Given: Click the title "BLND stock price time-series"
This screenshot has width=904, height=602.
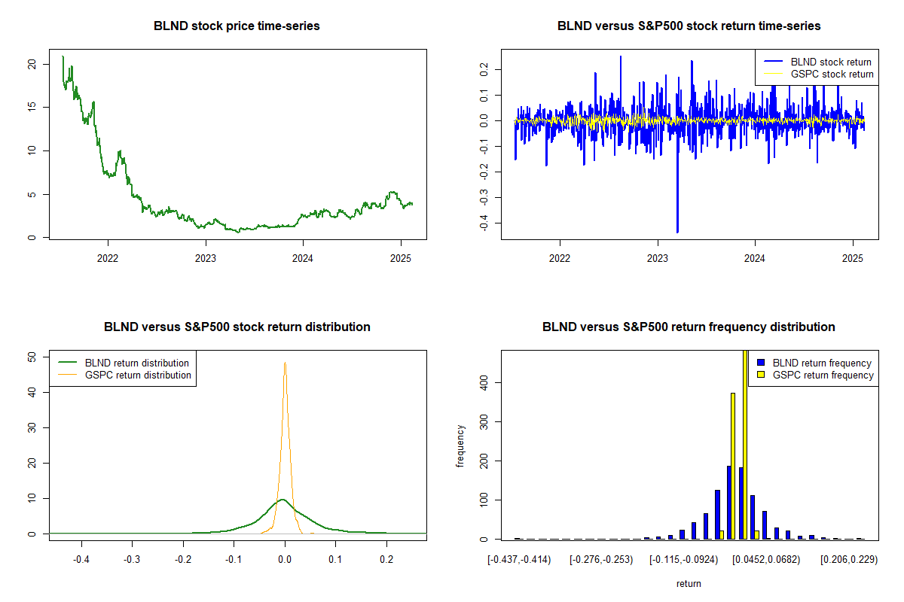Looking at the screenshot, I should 237,26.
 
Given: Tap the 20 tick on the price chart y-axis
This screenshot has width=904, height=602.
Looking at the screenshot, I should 32,64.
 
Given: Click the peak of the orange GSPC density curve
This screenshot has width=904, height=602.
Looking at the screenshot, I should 285,363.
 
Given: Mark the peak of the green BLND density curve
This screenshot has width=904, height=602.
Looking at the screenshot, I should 282,499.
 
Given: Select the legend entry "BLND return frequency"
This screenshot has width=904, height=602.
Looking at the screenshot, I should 822,363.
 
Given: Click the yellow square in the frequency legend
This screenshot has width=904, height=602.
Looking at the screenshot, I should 762,375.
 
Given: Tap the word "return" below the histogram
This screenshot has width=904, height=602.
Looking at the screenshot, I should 689,583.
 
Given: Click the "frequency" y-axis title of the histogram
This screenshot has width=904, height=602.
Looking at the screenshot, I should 460,445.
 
